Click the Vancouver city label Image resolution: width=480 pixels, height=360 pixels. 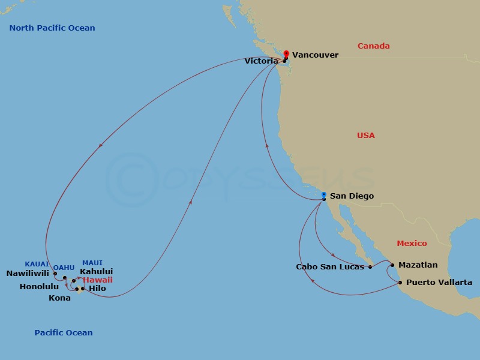click(x=315, y=55)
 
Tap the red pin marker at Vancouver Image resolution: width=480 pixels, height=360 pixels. click(x=287, y=54)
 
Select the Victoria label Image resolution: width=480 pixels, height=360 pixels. click(x=261, y=61)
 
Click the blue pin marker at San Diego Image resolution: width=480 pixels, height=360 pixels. click(x=324, y=196)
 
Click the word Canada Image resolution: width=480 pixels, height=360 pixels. click(x=374, y=46)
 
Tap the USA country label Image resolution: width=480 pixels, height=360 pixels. click(x=365, y=136)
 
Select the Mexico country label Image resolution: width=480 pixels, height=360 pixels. click(x=412, y=244)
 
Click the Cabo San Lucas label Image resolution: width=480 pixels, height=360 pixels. click(x=330, y=267)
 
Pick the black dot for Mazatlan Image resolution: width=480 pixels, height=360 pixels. click(x=392, y=265)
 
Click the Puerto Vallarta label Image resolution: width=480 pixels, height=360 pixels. click(x=439, y=283)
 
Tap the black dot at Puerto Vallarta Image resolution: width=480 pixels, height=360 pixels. click(x=400, y=282)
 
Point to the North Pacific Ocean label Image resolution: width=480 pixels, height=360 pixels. click(x=52, y=28)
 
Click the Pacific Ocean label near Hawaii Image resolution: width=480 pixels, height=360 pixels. click(x=64, y=333)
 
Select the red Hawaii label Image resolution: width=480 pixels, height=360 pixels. click(x=98, y=280)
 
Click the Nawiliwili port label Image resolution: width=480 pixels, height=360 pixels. click(x=28, y=274)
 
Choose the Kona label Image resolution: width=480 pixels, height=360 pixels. click(x=60, y=298)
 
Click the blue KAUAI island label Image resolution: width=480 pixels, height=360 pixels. click(x=37, y=264)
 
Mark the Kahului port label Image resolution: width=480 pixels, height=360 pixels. click(x=96, y=272)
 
